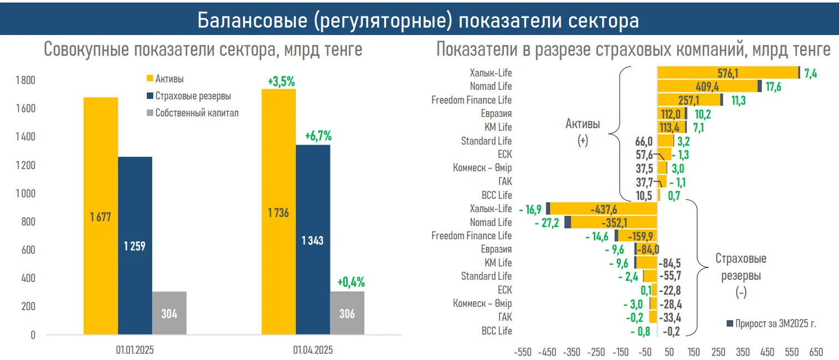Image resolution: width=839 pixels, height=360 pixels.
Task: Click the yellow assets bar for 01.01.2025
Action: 101,216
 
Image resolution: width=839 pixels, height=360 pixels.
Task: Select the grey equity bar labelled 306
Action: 347,313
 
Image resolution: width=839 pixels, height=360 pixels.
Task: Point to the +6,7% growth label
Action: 318,136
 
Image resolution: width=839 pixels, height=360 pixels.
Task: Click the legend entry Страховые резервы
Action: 188,95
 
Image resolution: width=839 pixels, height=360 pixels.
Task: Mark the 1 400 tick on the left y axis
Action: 25,137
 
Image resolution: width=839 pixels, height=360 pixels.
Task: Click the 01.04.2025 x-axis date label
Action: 313,350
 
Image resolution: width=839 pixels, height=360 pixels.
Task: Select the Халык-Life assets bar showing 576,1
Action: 727,73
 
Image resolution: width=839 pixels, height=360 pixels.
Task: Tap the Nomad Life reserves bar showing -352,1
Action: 614,223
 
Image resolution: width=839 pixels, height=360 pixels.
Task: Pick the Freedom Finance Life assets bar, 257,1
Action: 689,100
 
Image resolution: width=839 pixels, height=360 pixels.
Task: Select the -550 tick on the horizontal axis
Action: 523,352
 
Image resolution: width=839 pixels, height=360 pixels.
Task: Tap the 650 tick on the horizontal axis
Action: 816,352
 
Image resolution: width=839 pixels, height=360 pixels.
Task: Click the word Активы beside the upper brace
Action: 583,124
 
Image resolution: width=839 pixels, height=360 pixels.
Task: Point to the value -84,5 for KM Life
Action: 671,263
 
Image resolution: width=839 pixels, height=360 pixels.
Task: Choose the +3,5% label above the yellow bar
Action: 281,82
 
